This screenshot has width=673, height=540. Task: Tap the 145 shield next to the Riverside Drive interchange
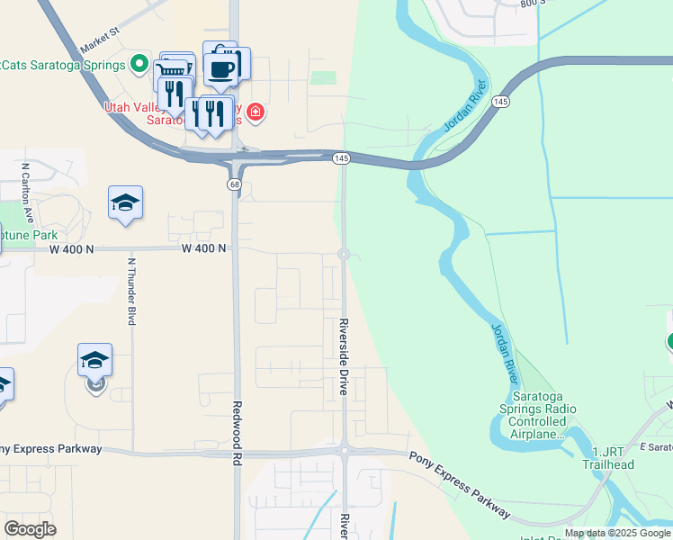point(341,158)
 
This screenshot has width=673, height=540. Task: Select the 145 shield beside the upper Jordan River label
point(501,103)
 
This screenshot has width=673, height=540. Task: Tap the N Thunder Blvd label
point(131,292)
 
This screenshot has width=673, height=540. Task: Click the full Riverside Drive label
point(344,357)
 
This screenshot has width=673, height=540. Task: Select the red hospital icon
point(256,112)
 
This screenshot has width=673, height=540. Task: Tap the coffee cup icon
point(221,67)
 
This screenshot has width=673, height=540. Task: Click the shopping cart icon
point(173,70)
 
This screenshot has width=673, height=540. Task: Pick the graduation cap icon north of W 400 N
point(125,202)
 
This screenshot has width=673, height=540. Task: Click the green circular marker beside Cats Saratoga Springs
point(139,63)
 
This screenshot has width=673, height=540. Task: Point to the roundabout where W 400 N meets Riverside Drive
point(344,255)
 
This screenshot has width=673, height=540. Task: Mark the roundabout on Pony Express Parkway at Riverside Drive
point(344,450)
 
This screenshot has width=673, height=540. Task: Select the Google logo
point(31,528)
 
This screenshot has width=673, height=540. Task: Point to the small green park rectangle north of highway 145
point(323,77)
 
